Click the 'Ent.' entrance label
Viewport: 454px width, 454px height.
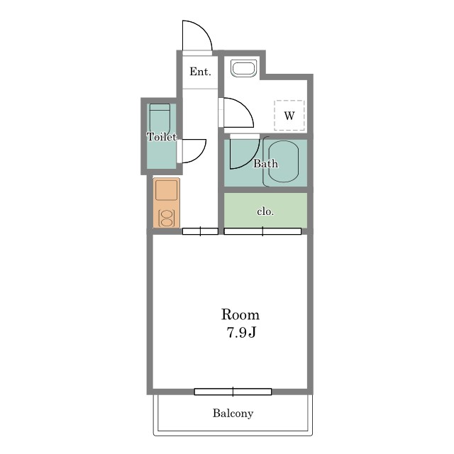(200, 72)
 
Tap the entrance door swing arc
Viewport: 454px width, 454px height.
(204, 29)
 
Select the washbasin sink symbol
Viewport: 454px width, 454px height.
(244, 69)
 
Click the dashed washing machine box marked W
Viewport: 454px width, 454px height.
(289, 115)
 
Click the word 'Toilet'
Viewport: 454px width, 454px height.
(162, 137)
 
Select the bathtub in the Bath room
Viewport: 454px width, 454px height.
(283, 162)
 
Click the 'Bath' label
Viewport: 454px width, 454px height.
(265, 164)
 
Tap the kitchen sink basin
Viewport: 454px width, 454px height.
(166, 190)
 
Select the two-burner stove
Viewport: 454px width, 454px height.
(166, 218)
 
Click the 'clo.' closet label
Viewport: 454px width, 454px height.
(265, 211)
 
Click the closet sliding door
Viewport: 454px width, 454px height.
(262, 231)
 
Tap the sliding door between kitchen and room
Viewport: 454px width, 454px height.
(200, 231)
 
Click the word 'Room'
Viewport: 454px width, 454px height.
(240, 314)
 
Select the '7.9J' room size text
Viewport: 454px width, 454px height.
(241, 332)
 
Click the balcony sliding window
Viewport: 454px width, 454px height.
(233, 392)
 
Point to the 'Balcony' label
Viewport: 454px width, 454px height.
(233, 413)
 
